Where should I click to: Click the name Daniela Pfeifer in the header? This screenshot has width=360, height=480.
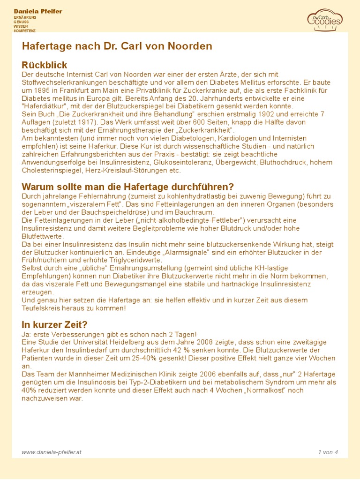click(38, 11)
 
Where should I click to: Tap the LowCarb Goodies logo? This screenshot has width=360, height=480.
click(325, 19)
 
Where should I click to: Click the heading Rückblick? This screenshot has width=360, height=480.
click(45, 65)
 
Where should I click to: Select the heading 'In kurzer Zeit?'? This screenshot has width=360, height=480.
click(54, 324)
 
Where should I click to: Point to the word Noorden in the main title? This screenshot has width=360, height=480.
click(194, 46)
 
